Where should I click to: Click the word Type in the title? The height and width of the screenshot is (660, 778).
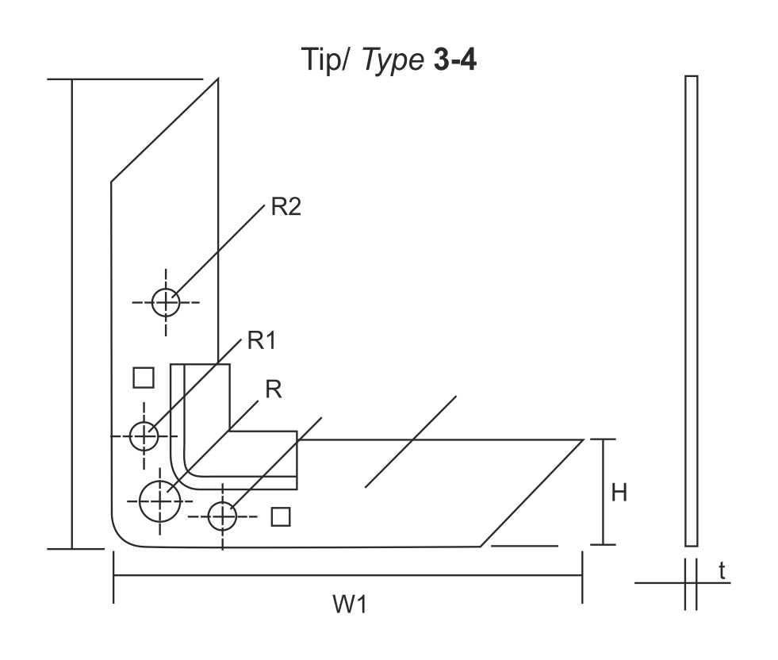[x=393, y=60]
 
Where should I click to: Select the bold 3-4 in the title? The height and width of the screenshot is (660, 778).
[x=455, y=60]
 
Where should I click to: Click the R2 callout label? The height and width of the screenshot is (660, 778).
[x=286, y=207]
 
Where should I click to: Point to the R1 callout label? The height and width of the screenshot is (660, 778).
[x=262, y=341]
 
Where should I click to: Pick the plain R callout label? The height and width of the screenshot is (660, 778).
[x=274, y=389]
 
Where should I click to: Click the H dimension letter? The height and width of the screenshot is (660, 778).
[x=619, y=493]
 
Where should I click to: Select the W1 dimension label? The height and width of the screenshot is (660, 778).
[x=350, y=604]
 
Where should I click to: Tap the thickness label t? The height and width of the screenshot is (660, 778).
[x=722, y=570]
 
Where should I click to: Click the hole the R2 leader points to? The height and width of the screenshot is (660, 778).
[x=166, y=301]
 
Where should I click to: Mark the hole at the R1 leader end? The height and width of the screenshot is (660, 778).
[x=144, y=436]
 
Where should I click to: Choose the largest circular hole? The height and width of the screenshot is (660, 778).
[x=160, y=501]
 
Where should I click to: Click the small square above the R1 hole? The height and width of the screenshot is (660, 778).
[x=144, y=378]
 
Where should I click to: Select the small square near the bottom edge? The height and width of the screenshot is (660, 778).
[x=281, y=516]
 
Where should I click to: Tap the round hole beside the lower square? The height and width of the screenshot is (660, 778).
[x=223, y=516]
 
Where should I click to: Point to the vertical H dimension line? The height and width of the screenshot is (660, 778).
[x=604, y=492]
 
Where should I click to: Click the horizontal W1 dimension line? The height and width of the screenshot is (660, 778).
[x=349, y=577]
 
